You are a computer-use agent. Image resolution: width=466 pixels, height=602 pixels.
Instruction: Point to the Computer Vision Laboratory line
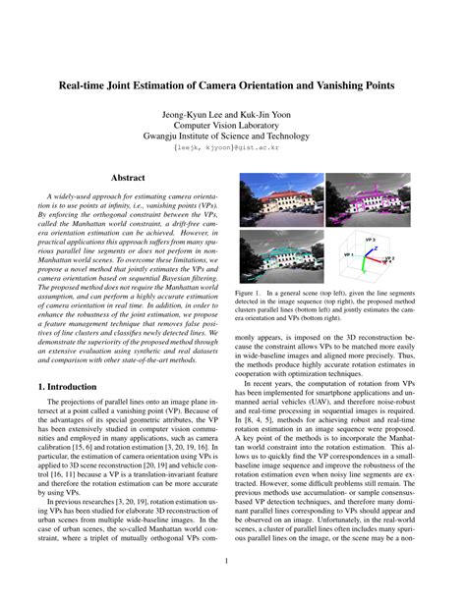click(233, 127)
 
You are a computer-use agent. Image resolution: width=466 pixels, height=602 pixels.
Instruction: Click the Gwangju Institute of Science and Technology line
click(233, 139)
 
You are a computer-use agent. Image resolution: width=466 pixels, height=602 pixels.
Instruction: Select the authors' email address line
click(233, 152)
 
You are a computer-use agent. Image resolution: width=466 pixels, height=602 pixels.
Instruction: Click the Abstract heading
click(127, 179)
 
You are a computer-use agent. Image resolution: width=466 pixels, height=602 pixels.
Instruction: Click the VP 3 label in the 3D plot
click(370, 239)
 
